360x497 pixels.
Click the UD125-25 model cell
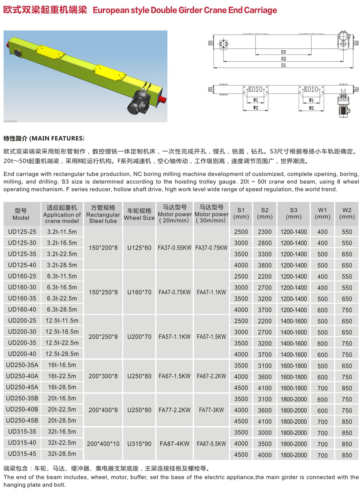[22, 232]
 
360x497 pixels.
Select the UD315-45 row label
[22, 454]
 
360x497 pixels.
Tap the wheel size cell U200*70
[139, 337]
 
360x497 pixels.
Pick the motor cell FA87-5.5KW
[211, 443]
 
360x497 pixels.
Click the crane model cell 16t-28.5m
[61, 387]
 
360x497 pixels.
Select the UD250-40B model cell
[23, 409]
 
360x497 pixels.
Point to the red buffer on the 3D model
[163, 98]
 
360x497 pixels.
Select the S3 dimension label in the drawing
[283, 52]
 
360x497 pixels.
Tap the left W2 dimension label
[255, 108]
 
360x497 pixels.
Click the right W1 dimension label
[311, 100]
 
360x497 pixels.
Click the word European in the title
[108, 10]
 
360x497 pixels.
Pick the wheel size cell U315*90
[139, 443]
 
